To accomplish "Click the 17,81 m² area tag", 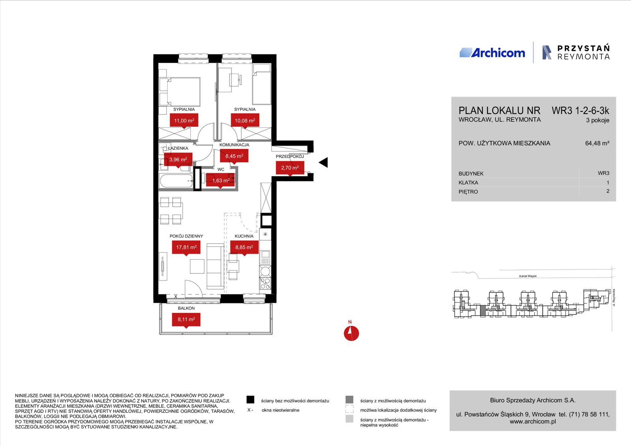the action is pos(186,247).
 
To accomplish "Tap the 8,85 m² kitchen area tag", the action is pos(244,247).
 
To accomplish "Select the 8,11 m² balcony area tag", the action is pos(186,320).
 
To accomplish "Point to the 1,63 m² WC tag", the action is pos(220,180).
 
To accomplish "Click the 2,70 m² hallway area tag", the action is pos(290,168).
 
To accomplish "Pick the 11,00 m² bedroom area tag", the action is pos(184,121).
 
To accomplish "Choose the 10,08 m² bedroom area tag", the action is pos(245,121).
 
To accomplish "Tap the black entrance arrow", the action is pos(323,162).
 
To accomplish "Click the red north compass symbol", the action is pos(351,333).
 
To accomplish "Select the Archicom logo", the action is pos(492,53).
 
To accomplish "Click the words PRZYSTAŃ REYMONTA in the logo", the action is pos(583,52).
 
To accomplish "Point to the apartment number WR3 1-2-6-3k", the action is pos(580,111).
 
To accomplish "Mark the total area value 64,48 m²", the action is pos(597,143).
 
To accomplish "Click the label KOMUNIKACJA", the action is pos(234,145).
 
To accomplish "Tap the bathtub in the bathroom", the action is pos(176,181).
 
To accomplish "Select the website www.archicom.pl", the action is pos(533,422).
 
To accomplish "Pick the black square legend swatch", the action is pos(250,400).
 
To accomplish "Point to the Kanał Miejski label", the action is pos(528,276).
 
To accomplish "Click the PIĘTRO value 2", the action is pos(608,191).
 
